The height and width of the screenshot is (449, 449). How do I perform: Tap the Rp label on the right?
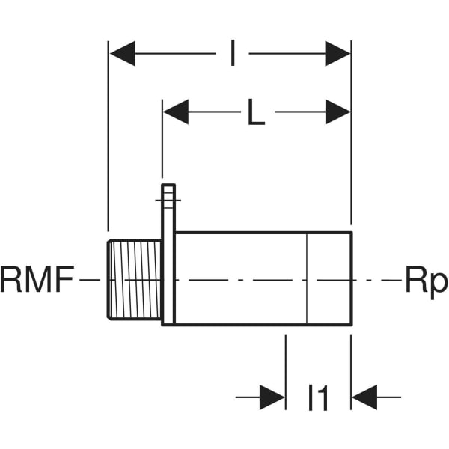click(426, 282)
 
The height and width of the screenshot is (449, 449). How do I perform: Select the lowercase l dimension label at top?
click(233, 54)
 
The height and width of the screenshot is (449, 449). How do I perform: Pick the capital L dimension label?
click(256, 113)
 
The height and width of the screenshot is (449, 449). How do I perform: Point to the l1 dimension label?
click(319, 398)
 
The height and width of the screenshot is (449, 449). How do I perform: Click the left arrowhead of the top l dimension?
click(122, 54)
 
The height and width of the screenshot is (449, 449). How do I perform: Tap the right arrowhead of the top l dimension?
click(338, 54)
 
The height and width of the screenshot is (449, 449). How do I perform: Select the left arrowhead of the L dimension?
click(175, 113)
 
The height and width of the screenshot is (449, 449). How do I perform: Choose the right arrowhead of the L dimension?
click(338, 113)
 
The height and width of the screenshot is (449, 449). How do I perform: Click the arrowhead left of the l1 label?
click(273, 397)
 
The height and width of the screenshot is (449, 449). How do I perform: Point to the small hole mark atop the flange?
click(168, 198)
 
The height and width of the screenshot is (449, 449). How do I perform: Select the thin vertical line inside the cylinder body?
click(308, 278)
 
